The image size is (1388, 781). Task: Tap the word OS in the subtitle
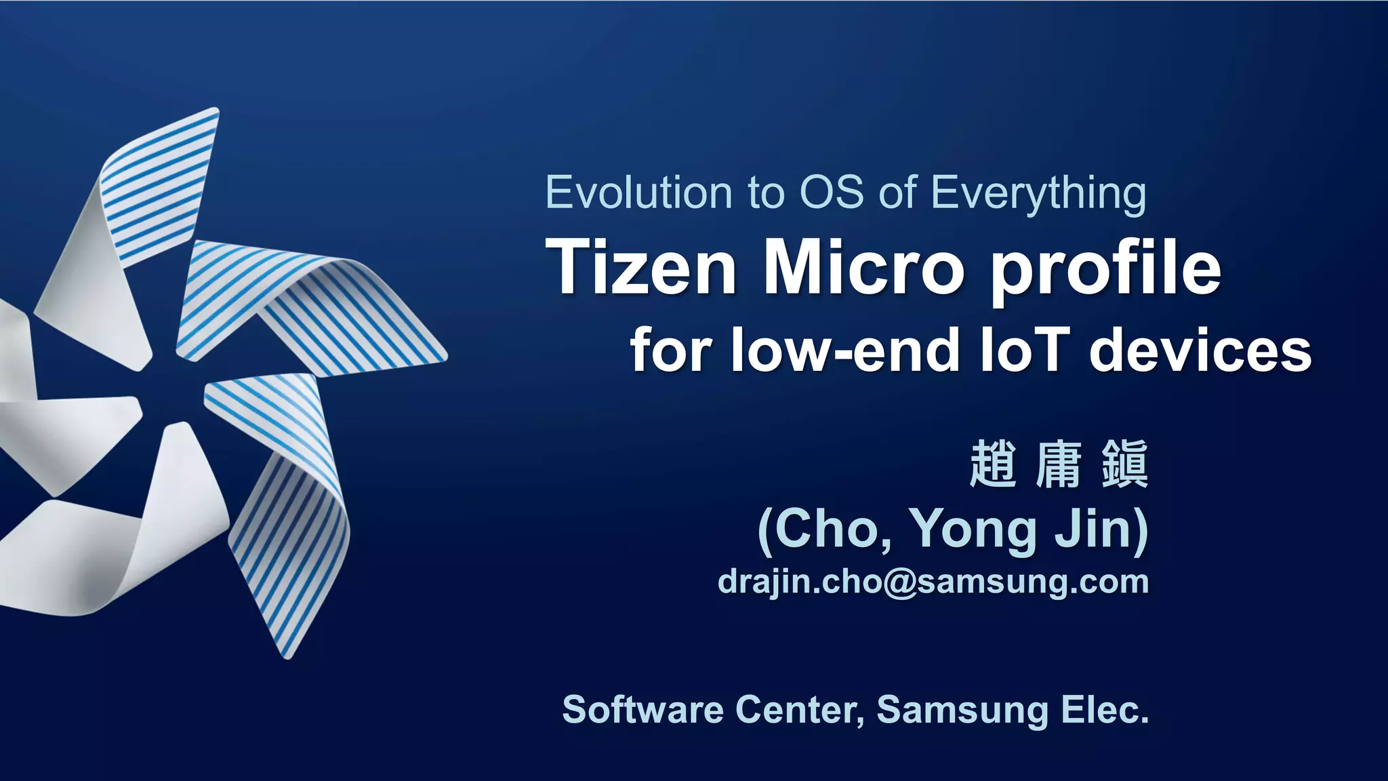[x=832, y=193]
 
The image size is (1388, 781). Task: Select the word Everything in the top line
[x=1038, y=194]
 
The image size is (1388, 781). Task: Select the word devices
[x=1200, y=351]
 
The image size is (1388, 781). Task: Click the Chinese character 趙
[x=994, y=464]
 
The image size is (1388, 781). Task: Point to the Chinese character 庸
[x=1059, y=464]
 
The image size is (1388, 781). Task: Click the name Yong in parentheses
[x=973, y=529]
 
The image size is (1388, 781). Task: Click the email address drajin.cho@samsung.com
[x=933, y=582]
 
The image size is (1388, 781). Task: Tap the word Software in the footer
[x=643, y=710]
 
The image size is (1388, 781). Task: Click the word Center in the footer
[x=800, y=710]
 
